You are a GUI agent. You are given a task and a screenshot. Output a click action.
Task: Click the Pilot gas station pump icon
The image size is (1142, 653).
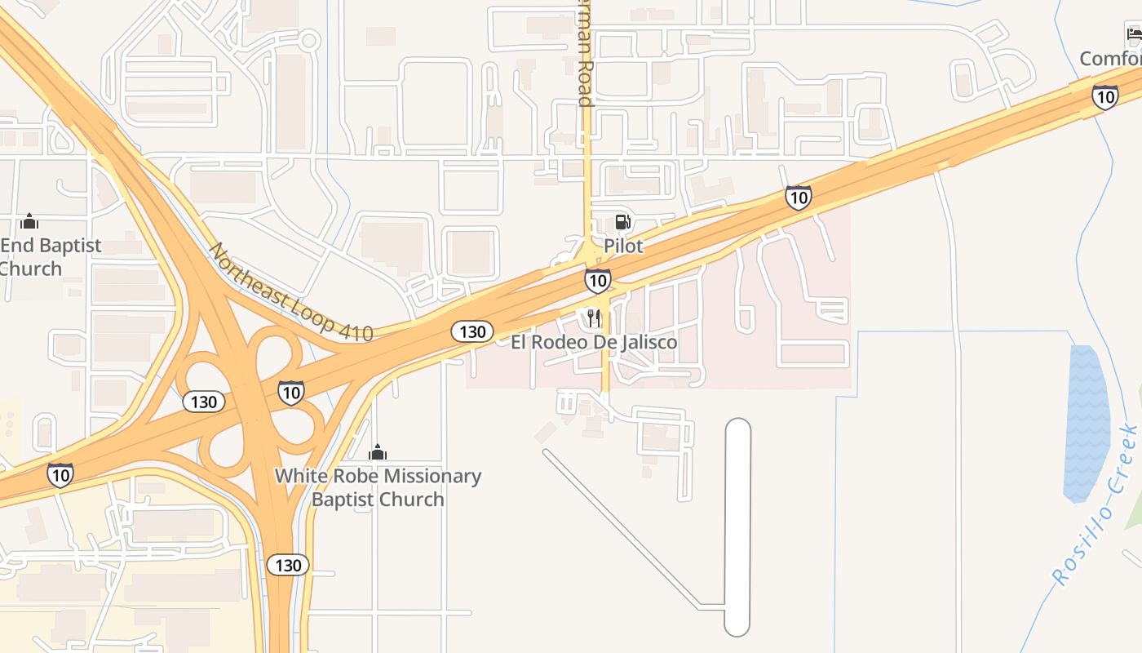(x=622, y=221)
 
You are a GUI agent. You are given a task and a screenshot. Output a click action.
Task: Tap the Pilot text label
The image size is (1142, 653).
(x=623, y=246)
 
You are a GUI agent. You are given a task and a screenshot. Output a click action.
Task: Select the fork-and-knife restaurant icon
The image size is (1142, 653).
(x=594, y=318)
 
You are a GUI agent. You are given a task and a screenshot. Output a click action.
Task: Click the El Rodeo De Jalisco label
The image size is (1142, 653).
(x=594, y=342)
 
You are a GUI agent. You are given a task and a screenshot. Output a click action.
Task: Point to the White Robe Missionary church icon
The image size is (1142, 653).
(x=378, y=451)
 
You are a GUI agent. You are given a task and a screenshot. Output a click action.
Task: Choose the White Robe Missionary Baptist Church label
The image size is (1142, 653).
(x=378, y=487)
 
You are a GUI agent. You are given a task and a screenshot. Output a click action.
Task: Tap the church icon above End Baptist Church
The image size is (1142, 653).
(x=29, y=221)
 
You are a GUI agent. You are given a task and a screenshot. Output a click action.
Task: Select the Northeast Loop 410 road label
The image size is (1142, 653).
(x=290, y=292)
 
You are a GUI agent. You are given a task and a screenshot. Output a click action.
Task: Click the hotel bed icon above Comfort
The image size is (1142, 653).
(x=1134, y=33)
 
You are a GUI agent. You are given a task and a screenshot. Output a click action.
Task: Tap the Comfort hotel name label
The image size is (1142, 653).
(x=1111, y=59)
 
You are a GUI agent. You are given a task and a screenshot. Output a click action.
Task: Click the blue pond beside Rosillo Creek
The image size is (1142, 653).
(x=1087, y=422)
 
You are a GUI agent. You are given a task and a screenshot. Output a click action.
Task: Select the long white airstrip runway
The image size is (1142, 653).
(x=737, y=527)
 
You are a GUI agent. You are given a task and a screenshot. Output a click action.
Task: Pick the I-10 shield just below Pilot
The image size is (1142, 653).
(x=597, y=281)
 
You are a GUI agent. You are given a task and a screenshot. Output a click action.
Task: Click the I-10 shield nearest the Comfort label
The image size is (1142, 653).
(x=1104, y=97)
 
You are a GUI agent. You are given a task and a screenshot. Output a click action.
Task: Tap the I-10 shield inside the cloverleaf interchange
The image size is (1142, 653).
(x=290, y=393)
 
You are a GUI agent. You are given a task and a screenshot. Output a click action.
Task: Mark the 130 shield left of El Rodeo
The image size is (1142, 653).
(x=471, y=331)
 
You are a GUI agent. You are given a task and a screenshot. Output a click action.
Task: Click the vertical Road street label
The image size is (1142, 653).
(x=583, y=54)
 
